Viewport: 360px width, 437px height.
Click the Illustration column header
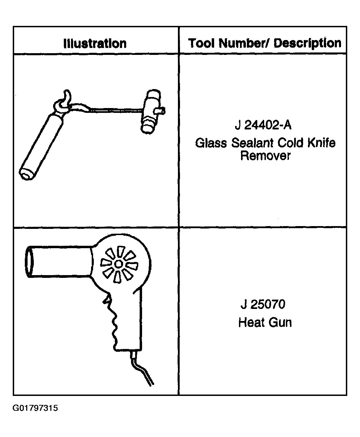(95, 43)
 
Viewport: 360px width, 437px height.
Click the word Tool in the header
(201, 43)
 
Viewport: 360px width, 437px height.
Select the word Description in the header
(307, 43)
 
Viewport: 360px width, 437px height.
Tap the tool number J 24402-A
(263, 125)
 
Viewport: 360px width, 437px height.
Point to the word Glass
(211, 143)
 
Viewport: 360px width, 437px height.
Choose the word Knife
(321, 143)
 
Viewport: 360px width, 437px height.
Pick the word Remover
(266, 156)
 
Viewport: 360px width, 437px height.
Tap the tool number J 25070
(263, 304)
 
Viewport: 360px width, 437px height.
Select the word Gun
(280, 322)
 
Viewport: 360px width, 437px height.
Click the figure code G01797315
(35, 408)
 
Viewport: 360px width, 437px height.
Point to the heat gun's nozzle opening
(29, 262)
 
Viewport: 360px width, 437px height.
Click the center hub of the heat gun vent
(119, 264)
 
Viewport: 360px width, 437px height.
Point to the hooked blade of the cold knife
(63, 101)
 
